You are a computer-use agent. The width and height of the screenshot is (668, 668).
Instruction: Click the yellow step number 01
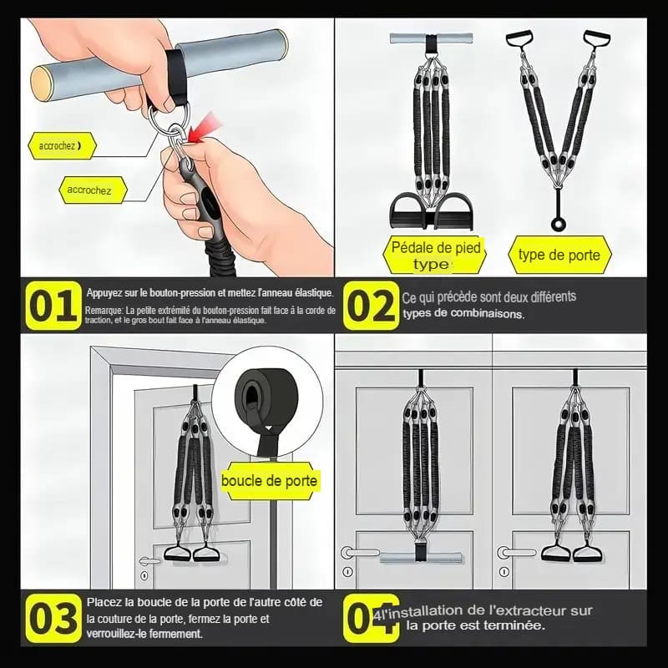[x=54, y=306]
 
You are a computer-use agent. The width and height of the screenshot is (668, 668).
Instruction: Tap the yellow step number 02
[x=370, y=306]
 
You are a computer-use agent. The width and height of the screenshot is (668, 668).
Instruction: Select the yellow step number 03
[x=54, y=618]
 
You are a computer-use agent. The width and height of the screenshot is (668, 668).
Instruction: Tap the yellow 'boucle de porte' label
[x=269, y=481]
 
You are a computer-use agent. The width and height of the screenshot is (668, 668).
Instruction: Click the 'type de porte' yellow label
[x=559, y=256]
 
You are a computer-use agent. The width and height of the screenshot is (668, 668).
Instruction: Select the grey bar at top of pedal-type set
[x=431, y=39]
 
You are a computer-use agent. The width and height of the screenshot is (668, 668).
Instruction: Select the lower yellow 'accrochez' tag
[x=92, y=190]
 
